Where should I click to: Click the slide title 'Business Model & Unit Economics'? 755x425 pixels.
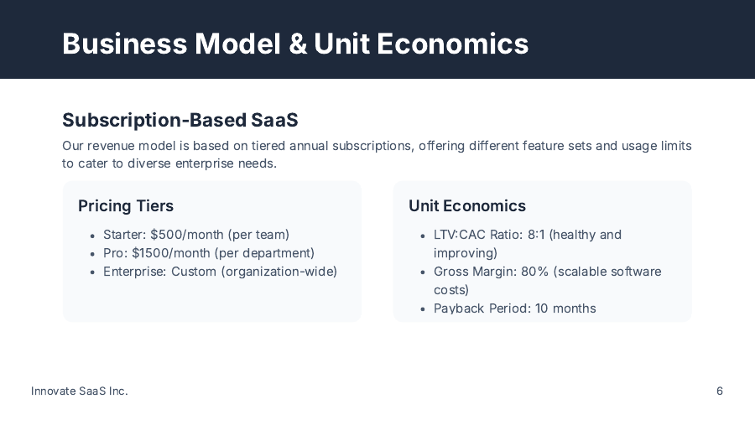(x=295, y=43)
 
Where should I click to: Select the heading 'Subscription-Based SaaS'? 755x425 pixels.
(x=180, y=120)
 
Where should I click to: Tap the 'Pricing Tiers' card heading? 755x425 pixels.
(x=126, y=205)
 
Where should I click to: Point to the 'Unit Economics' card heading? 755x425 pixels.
(x=467, y=205)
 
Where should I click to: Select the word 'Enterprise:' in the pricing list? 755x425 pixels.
(x=135, y=272)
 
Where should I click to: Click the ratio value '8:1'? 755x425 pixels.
(x=536, y=235)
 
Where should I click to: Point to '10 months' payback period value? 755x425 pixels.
(x=565, y=308)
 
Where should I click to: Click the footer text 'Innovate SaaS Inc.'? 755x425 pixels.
(x=80, y=391)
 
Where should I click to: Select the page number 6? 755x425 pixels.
(x=720, y=391)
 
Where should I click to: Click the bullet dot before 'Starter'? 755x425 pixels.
(x=92, y=236)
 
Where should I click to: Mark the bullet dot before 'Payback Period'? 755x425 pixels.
(x=423, y=310)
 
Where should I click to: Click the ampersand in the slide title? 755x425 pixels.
(x=298, y=44)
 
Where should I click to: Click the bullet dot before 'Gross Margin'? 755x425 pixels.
(x=423, y=273)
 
